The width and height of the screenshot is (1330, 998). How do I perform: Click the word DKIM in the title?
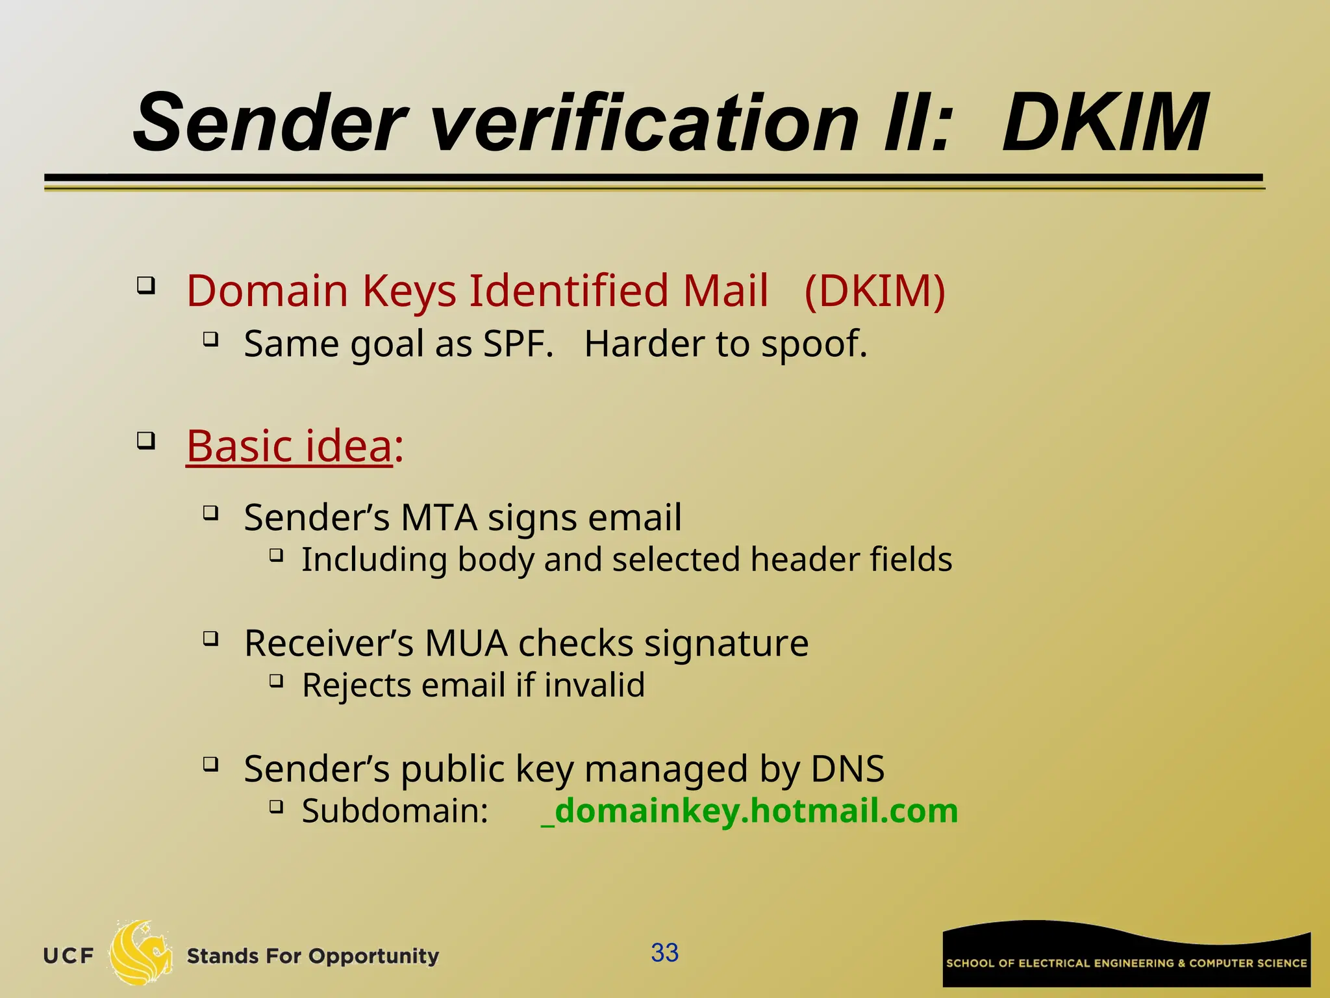(1104, 123)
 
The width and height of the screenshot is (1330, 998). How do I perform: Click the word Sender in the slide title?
(270, 123)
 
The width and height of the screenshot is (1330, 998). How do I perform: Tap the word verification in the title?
(643, 123)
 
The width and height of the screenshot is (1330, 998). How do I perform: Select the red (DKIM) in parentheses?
(874, 290)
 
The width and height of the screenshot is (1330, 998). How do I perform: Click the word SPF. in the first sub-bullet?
(518, 344)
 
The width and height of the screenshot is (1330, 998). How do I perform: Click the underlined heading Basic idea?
(290, 446)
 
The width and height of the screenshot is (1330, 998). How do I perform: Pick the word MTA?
(439, 518)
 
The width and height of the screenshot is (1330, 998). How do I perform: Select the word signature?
(726, 643)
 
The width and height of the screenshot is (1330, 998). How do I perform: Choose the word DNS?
(847, 769)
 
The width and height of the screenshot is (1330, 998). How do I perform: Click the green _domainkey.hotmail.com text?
(749, 811)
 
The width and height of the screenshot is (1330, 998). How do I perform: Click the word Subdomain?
(395, 811)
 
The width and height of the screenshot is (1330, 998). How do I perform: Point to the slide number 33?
(664, 953)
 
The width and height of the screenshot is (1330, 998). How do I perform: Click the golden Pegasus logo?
(140, 953)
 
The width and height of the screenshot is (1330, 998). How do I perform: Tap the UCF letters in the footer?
(68, 956)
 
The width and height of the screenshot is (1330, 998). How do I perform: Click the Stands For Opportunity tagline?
(312, 956)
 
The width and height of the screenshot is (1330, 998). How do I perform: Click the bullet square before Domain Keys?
(146, 285)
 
